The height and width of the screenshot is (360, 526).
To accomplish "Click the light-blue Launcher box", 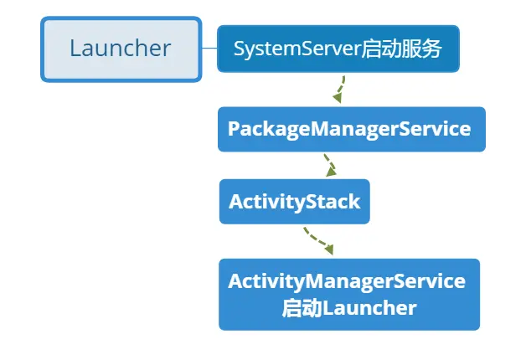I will (121, 49).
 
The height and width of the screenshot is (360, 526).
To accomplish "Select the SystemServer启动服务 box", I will (338, 49).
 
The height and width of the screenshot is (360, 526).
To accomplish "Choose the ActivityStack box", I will (294, 201).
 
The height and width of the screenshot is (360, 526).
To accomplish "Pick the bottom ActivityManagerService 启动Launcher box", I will (348, 294).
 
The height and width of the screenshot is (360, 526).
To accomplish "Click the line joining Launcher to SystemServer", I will (209, 49).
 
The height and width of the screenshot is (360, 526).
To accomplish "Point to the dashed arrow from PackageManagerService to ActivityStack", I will (330, 163).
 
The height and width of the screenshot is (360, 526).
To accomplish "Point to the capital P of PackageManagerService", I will (234, 129).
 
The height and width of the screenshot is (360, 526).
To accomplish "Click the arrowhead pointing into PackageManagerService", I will (337, 99).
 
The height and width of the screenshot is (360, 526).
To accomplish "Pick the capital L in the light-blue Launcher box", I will (75, 49).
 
